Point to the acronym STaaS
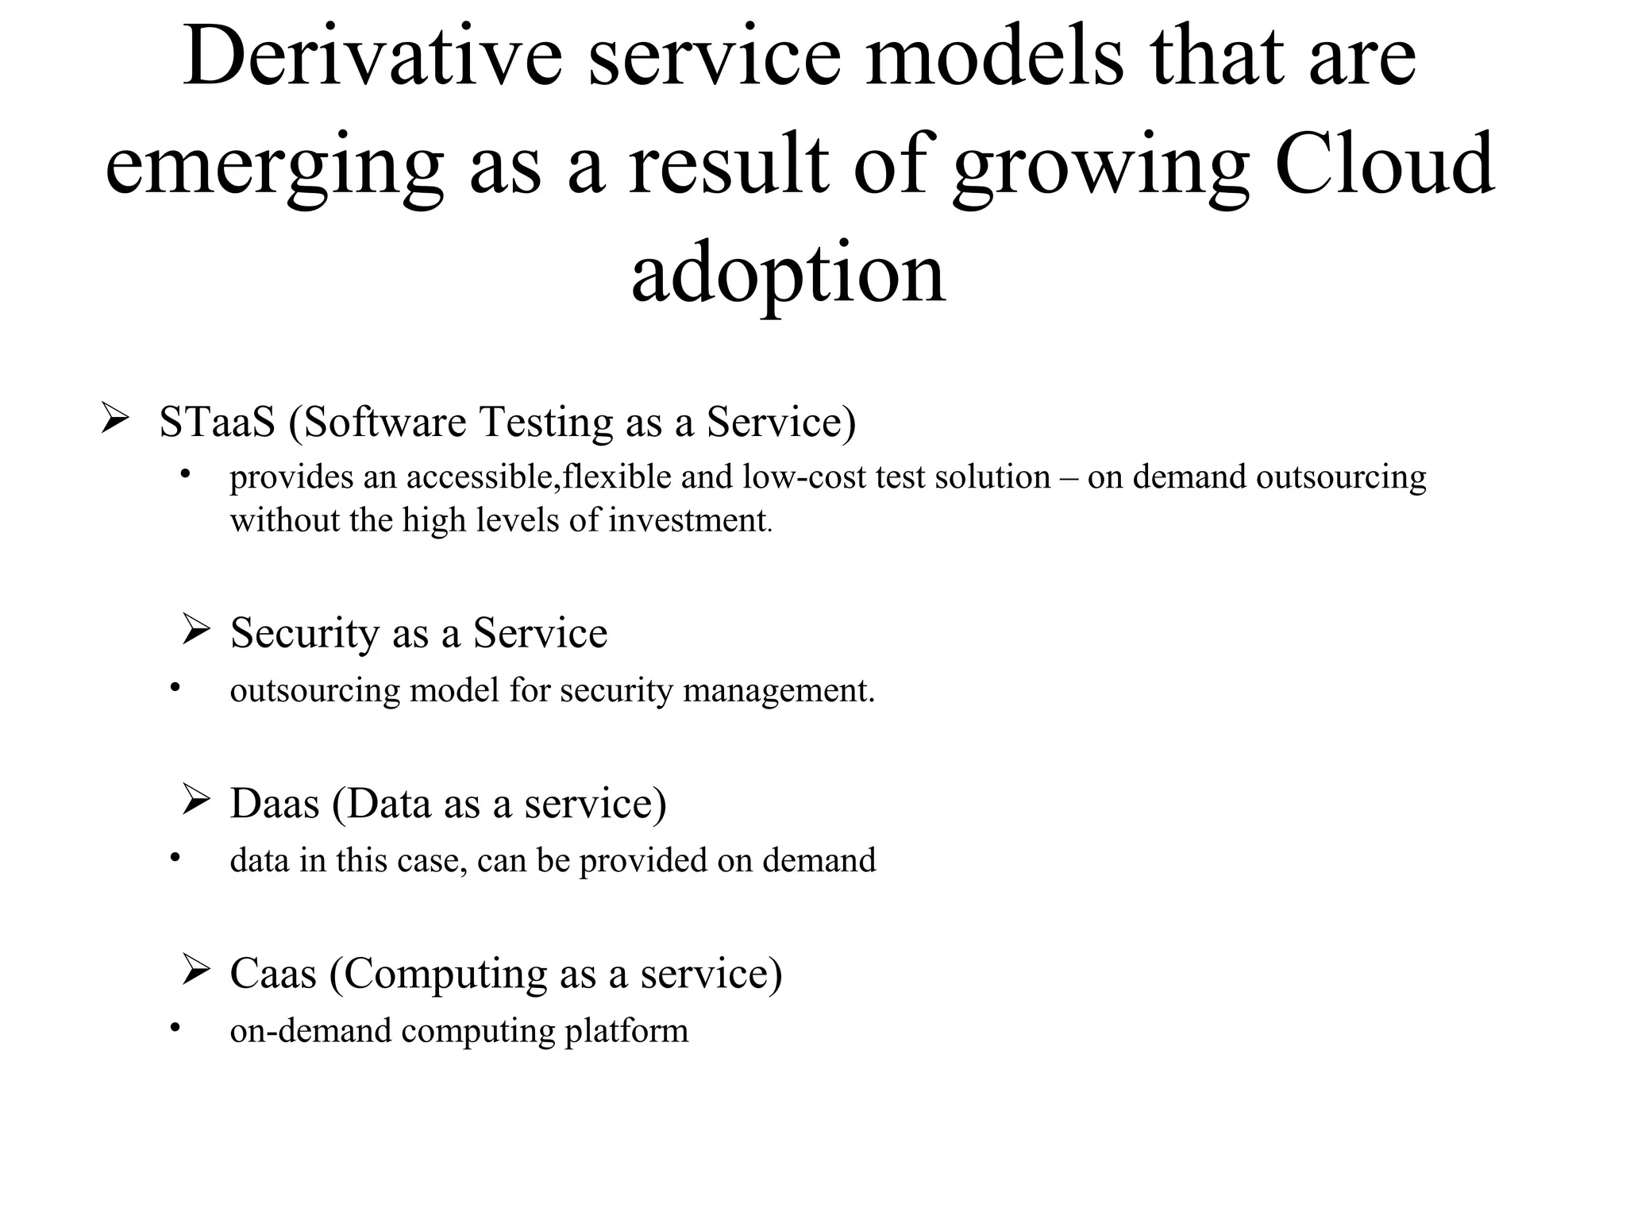[x=216, y=422]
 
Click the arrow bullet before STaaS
[x=115, y=418]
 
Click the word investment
[x=688, y=521]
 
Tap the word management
[x=777, y=691]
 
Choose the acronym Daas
[x=274, y=803]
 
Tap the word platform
[x=626, y=1032]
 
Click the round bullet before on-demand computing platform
[x=175, y=1027]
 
